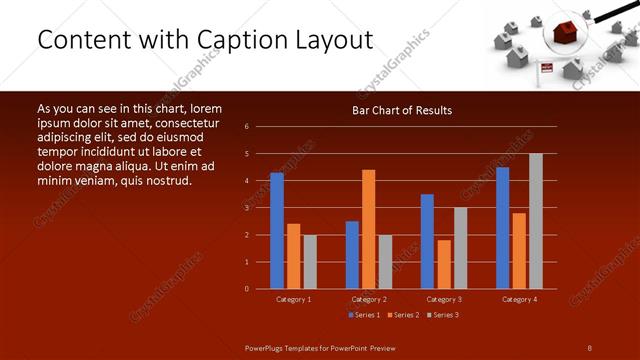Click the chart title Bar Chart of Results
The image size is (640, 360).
click(x=401, y=110)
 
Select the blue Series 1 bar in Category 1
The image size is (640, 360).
click(x=277, y=231)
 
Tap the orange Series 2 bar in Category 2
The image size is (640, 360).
click(x=368, y=229)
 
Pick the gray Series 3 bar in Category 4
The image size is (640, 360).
click(x=535, y=221)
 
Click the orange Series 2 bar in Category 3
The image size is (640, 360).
click(x=443, y=264)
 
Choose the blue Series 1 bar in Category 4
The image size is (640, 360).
click(x=502, y=228)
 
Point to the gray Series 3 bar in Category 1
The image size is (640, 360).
click(x=310, y=262)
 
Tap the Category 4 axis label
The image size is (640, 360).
click(x=519, y=299)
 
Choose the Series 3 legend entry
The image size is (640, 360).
click(x=442, y=315)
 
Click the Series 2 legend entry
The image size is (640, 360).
click(x=402, y=315)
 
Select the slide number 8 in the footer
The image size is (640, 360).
click(x=589, y=347)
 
